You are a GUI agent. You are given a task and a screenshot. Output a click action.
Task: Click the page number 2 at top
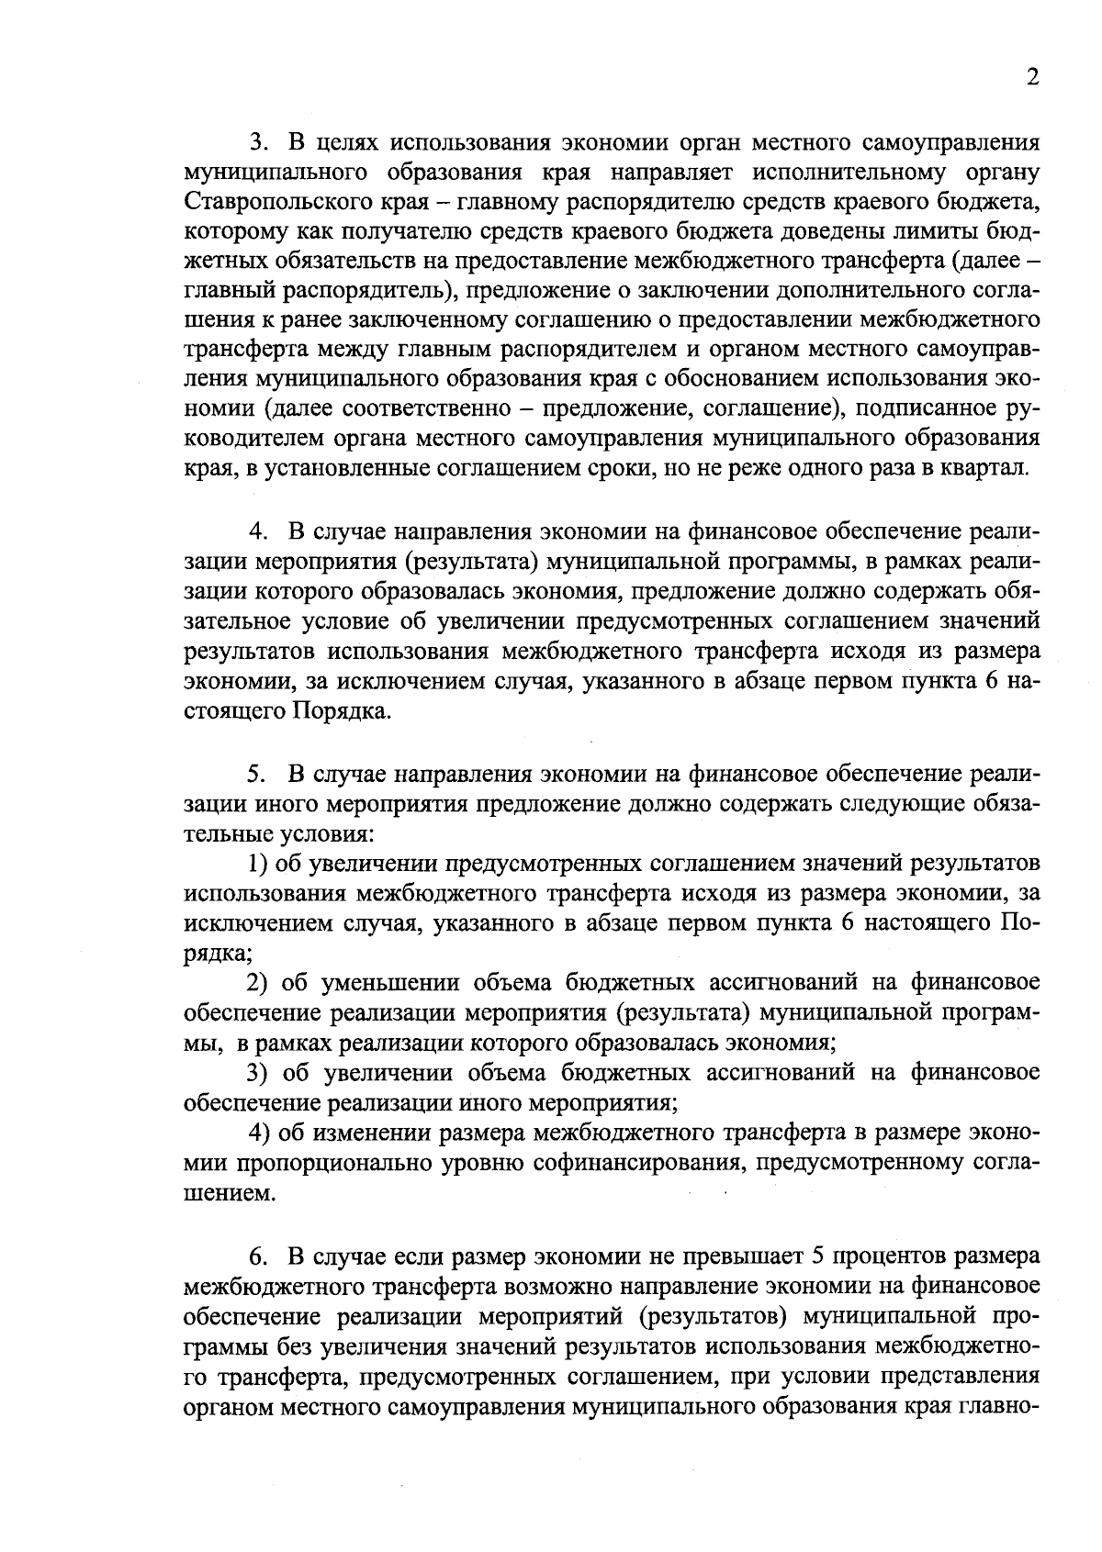click(x=1032, y=78)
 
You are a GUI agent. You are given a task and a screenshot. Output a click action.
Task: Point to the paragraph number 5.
click(x=257, y=775)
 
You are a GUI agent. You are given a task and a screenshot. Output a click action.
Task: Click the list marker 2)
click(x=259, y=983)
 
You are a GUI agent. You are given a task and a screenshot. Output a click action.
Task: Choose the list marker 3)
click(x=259, y=1072)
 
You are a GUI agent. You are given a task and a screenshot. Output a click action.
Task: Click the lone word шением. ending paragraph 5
click(x=229, y=1194)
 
